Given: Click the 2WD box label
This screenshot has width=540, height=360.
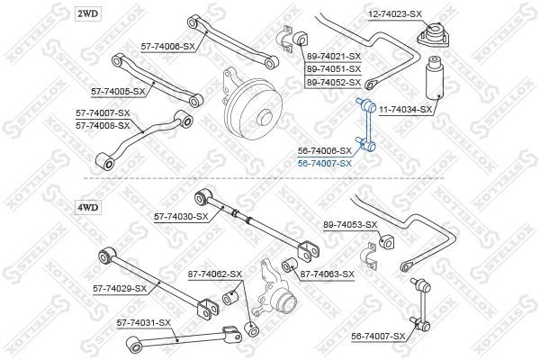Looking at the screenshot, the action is click(88, 13).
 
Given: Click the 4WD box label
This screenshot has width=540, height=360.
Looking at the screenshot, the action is click(88, 207).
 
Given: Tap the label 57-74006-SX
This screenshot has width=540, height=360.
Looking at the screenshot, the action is click(168, 46).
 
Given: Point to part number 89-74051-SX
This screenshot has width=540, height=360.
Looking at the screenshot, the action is click(334, 69).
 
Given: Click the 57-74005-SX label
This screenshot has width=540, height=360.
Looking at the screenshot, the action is click(118, 91).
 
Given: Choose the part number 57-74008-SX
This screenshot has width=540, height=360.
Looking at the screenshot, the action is click(103, 126).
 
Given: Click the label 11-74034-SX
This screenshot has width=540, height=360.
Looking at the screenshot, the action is click(405, 110).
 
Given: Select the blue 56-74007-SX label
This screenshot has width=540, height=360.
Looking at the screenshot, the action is click(325, 163).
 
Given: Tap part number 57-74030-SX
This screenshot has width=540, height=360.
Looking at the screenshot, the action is click(181, 216).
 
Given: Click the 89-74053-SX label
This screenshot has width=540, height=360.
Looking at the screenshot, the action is click(350, 225).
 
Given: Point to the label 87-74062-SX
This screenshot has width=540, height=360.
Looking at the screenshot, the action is click(215, 274).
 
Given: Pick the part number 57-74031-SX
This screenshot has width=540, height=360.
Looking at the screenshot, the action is click(144, 323).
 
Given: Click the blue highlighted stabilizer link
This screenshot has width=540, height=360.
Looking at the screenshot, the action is click(367, 125).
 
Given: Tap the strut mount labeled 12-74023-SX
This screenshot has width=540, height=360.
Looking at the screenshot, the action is click(434, 35).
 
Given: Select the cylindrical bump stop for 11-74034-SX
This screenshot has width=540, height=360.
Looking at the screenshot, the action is click(435, 78).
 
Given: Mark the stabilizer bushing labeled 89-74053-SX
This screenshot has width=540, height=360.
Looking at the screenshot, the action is click(387, 242).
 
